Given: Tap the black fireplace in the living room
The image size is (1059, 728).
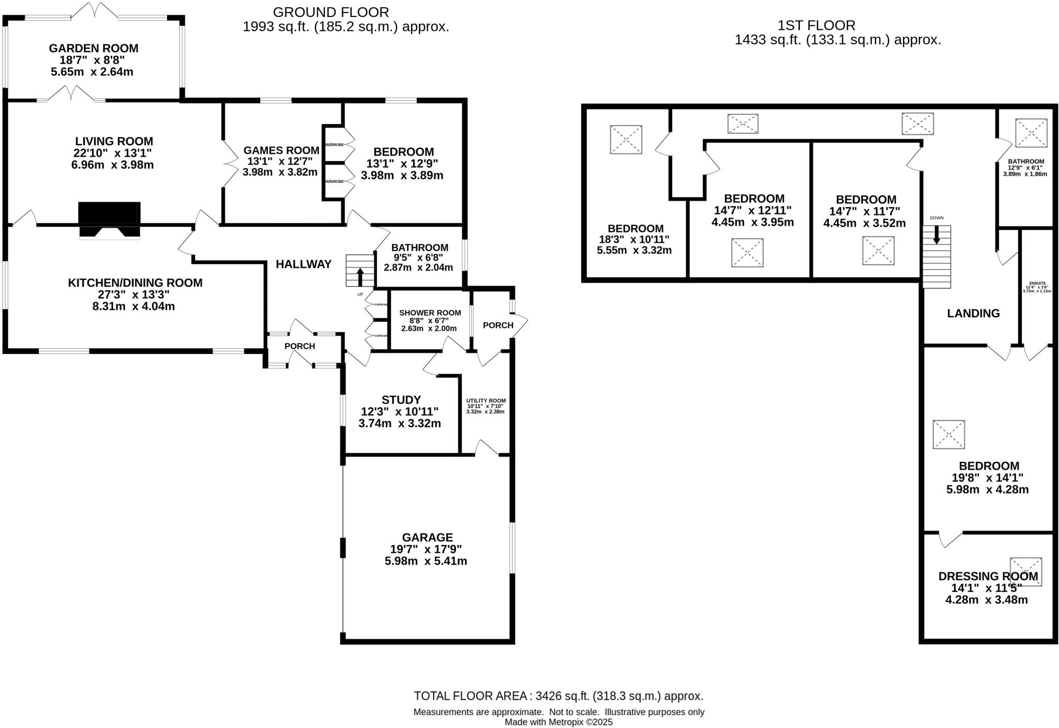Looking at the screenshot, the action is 109,213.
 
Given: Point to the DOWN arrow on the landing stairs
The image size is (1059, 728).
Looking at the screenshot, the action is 936,237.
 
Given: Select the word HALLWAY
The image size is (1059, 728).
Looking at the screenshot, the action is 304,265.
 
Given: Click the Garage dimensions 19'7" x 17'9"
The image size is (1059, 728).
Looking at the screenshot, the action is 426,549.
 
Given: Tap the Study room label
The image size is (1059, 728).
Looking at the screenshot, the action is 401,400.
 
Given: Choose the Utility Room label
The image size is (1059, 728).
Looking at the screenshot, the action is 486,401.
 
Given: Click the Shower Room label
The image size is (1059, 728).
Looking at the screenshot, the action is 430,313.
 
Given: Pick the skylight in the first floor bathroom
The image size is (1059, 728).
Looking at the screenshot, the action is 1031,133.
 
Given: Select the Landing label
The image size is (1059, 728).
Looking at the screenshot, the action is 973,313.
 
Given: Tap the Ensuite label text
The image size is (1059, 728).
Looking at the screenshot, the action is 1037,283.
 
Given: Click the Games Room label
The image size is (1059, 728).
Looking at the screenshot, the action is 281,150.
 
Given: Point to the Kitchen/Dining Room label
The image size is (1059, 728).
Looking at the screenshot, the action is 135,283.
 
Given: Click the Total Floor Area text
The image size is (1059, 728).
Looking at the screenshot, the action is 558,696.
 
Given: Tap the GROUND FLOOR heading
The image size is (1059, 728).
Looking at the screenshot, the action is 331,12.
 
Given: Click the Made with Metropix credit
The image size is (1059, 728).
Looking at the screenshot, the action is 558,722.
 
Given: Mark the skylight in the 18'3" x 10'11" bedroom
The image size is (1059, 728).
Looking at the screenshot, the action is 626,140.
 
